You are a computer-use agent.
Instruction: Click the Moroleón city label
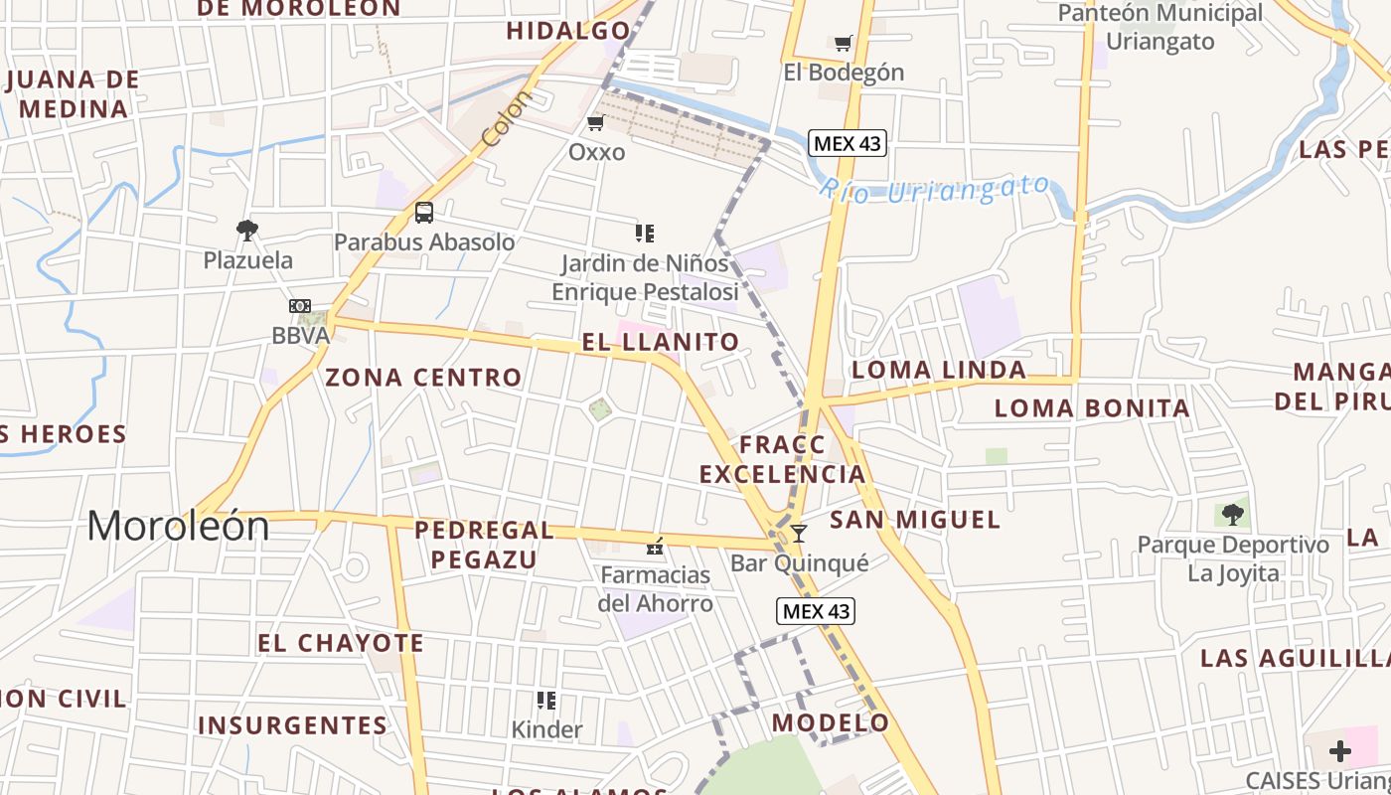coord(178,526)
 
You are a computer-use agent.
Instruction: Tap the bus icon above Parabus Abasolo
coord(424,213)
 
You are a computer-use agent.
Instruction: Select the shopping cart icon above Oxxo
coord(596,123)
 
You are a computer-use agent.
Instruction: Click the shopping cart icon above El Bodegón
coord(844,43)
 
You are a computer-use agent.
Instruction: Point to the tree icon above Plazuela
coord(247,231)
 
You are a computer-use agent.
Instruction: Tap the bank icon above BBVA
coord(300,306)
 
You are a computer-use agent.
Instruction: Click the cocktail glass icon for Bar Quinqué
coord(799,534)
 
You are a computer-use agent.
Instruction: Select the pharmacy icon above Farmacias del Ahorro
coord(655,546)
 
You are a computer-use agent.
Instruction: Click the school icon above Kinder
coord(546,701)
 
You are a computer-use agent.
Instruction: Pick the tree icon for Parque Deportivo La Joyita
coord(1233,515)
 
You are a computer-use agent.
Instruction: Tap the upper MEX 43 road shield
coord(847,143)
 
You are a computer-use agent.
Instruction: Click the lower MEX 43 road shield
coord(816,611)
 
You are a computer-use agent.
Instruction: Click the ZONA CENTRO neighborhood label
coord(423,378)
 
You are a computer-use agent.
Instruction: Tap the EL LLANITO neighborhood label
coord(661,343)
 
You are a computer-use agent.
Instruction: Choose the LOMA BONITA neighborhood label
coord(1092,407)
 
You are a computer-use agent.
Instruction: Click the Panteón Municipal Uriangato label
coord(1160,27)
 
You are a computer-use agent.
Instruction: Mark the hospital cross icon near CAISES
coord(1340,751)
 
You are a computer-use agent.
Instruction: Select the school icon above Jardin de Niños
coord(645,234)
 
